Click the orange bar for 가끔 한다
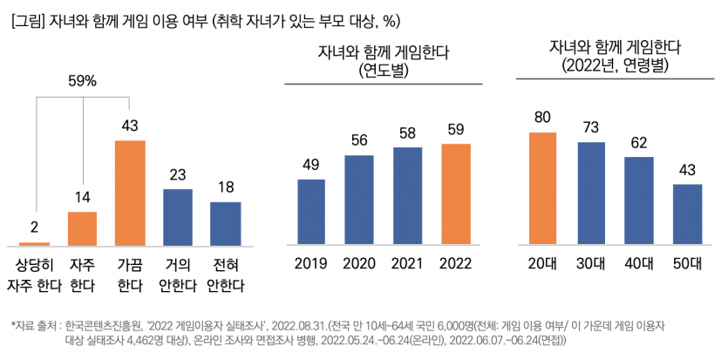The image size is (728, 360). click(x=130, y=194)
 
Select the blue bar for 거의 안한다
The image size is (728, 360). click(x=178, y=218)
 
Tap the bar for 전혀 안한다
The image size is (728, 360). click(x=226, y=224)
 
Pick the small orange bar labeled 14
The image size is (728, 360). click(x=82, y=229)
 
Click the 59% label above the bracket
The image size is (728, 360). click(x=82, y=81)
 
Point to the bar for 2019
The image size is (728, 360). click(x=311, y=213)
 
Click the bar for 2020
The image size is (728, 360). click(x=359, y=200)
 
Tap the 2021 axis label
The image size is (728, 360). click(x=407, y=263)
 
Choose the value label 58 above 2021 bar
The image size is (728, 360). click(x=407, y=132)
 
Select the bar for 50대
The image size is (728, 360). click(x=687, y=214)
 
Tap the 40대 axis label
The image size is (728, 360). click(x=639, y=263)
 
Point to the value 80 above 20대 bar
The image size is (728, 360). click(x=543, y=117)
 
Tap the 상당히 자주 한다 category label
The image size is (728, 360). click(x=35, y=275)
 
